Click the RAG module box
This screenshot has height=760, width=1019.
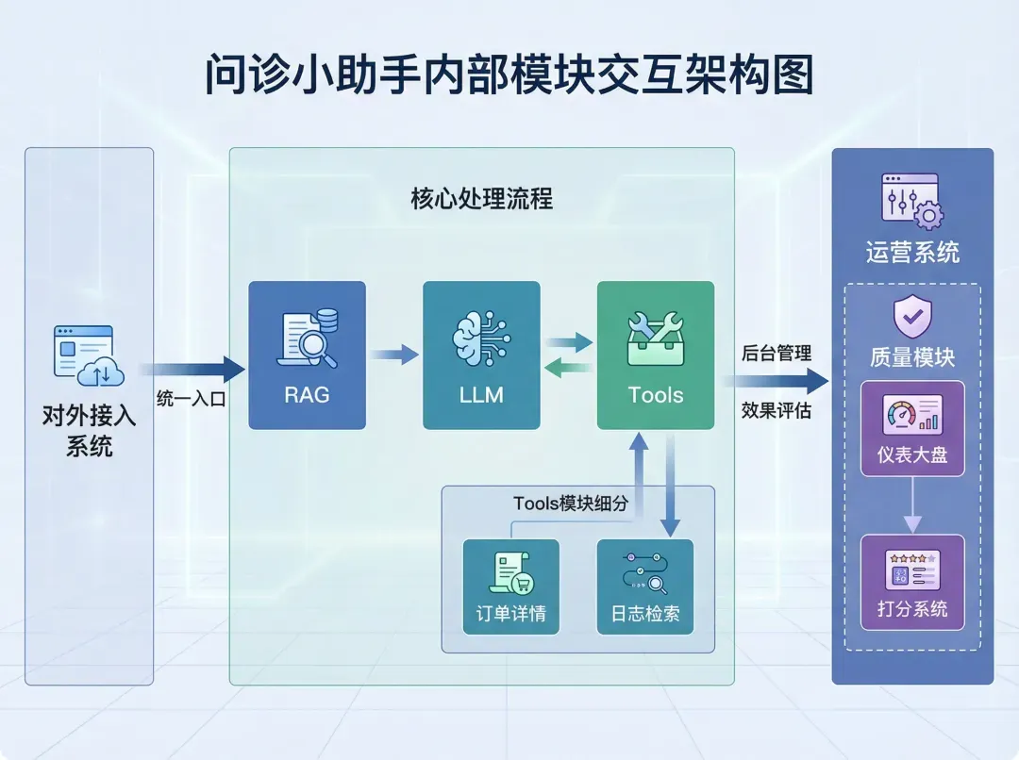coord(307,355)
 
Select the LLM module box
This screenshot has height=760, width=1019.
coord(481,355)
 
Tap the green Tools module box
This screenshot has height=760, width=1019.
coord(656,355)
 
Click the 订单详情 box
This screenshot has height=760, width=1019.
coord(510,587)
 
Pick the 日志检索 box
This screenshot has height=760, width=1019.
coord(645,587)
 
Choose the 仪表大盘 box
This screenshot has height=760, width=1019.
coord(912,428)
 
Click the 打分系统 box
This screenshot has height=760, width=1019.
coord(912,582)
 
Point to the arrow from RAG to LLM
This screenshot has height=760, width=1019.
coord(393,355)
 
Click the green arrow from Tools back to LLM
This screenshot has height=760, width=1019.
coord(569,369)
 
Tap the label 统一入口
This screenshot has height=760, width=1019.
coord(192,398)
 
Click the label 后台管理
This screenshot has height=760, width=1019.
coord(777,354)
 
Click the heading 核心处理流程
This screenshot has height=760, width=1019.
coord(481,199)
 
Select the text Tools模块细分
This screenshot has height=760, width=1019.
coord(570,504)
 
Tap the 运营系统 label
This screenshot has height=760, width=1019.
coord(912,252)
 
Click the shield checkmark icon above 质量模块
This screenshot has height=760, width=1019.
coord(912,318)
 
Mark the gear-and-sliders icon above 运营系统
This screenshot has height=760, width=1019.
coord(911,201)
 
